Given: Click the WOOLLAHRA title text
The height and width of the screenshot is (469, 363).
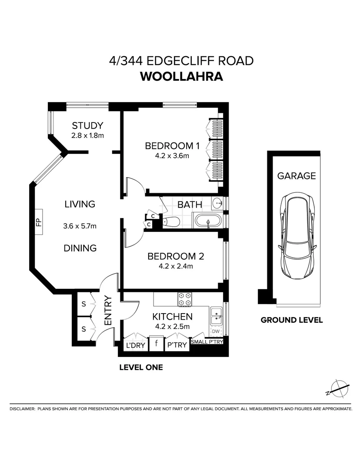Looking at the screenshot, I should (x=181, y=76).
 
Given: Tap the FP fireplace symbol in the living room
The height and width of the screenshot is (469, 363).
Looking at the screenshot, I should (x=38, y=223).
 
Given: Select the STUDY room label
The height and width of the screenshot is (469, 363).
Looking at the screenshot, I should (x=88, y=126).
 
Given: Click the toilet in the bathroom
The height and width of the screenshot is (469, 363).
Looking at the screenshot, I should (x=171, y=221).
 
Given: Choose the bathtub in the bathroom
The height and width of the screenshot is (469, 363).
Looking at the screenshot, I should (x=208, y=221).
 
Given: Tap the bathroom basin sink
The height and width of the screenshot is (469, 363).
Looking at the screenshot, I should (x=217, y=203).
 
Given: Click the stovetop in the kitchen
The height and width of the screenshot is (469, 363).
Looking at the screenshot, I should (x=184, y=299).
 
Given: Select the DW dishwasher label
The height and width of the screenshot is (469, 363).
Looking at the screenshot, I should (x=215, y=331).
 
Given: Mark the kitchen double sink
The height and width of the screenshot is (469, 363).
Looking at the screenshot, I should (x=216, y=316).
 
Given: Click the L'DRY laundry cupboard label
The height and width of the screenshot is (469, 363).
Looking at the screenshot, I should (x=135, y=345).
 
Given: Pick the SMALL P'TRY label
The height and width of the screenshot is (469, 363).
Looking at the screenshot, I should (x=207, y=342).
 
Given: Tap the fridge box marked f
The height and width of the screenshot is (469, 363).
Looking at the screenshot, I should (x=156, y=345).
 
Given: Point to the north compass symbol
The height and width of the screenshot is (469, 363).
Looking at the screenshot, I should (x=337, y=388).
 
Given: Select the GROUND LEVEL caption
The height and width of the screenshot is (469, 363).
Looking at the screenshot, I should (x=291, y=320).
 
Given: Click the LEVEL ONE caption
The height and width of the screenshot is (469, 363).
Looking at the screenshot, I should (x=141, y=367).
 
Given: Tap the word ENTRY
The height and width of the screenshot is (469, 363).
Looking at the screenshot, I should (x=108, y=310).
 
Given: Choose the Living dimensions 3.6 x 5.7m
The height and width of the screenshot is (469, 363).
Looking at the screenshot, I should (x=80, y=226).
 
